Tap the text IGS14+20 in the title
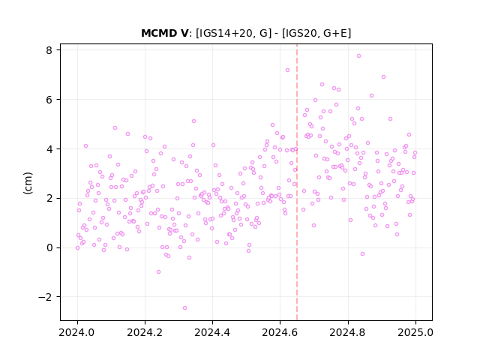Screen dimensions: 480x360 (226, 33)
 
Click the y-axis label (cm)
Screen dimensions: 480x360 (28, 183)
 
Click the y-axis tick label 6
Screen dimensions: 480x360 (49, 100)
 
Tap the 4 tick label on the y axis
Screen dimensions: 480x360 (49, 149)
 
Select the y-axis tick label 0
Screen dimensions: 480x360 (49, 247)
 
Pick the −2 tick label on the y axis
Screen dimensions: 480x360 (45, 297)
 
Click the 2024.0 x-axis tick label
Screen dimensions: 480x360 (77, 332)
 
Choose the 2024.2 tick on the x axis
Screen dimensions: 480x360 (145, 332)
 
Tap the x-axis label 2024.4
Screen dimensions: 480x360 (212, 332)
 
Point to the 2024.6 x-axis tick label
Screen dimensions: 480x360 (280, 332)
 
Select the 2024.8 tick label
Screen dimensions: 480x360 (348, 332)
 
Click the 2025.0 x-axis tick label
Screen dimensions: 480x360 (415, 332)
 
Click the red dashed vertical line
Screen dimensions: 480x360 (297, 182)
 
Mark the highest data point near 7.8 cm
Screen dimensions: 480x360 (358, 55)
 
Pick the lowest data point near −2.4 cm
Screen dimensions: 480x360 (184, 307)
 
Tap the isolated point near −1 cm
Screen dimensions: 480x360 (158, 271)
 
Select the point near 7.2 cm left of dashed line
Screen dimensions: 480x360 (287, 70)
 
